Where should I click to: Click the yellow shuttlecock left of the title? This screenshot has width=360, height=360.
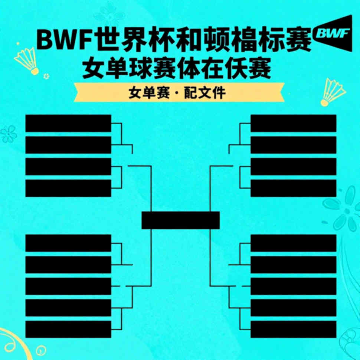[x=27, y=61]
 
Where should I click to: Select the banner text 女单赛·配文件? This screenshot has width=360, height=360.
[x=177, y=92]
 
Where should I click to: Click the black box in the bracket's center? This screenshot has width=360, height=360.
[x=180, y=220]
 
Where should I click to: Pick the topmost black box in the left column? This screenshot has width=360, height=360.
[x=68, y=124]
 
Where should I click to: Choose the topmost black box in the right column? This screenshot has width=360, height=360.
[x=294, y=124]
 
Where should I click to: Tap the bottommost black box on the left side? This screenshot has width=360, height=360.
[x=68, y=329]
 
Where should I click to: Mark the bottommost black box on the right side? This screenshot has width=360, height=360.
[x=294, y=329]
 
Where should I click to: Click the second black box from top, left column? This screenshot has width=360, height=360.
[x=68, y=145]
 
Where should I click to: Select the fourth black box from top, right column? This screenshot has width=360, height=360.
[x=294, y=188]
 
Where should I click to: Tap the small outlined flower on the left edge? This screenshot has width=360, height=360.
[x=9, y=134]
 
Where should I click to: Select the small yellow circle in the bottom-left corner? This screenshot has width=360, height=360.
[x=41, y=350]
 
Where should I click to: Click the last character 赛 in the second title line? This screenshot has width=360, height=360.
[x=260, y=68]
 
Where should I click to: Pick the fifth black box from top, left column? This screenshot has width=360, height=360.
[x=68, y=243]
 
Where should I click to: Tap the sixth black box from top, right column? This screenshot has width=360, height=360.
[x=294, y=265]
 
